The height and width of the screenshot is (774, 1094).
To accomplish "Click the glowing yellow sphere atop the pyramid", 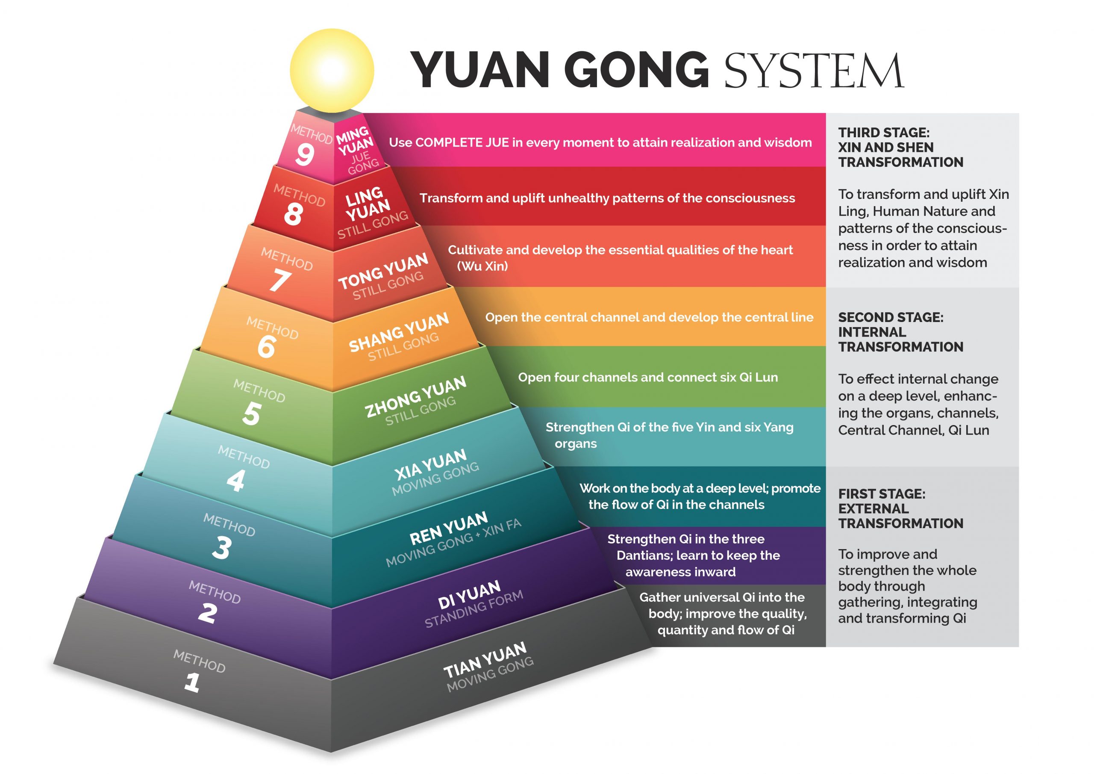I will point(332,71).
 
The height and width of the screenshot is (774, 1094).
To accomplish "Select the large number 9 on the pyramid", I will point(304,154).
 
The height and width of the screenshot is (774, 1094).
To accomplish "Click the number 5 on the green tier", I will point(251,414).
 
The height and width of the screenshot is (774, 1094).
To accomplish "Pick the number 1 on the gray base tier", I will point(192,682).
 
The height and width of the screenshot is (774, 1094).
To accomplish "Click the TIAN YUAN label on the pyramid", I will point(485,660).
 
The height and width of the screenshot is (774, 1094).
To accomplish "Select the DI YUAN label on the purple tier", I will point(469,594).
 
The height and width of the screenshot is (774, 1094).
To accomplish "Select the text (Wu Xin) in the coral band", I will point(482,266).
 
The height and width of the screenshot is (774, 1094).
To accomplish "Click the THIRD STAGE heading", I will point(884,133).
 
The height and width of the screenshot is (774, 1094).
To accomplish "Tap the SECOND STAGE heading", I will point(891,317).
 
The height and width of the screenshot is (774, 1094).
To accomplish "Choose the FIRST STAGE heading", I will point(882,493).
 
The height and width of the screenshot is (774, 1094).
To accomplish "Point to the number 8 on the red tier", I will point(293,214).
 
